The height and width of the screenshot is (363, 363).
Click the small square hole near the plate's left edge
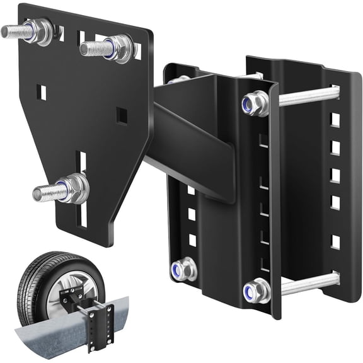click(42, 93)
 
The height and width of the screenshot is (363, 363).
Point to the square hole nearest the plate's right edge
click(122, 115)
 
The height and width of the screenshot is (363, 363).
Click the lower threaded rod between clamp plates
click(309, 284)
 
